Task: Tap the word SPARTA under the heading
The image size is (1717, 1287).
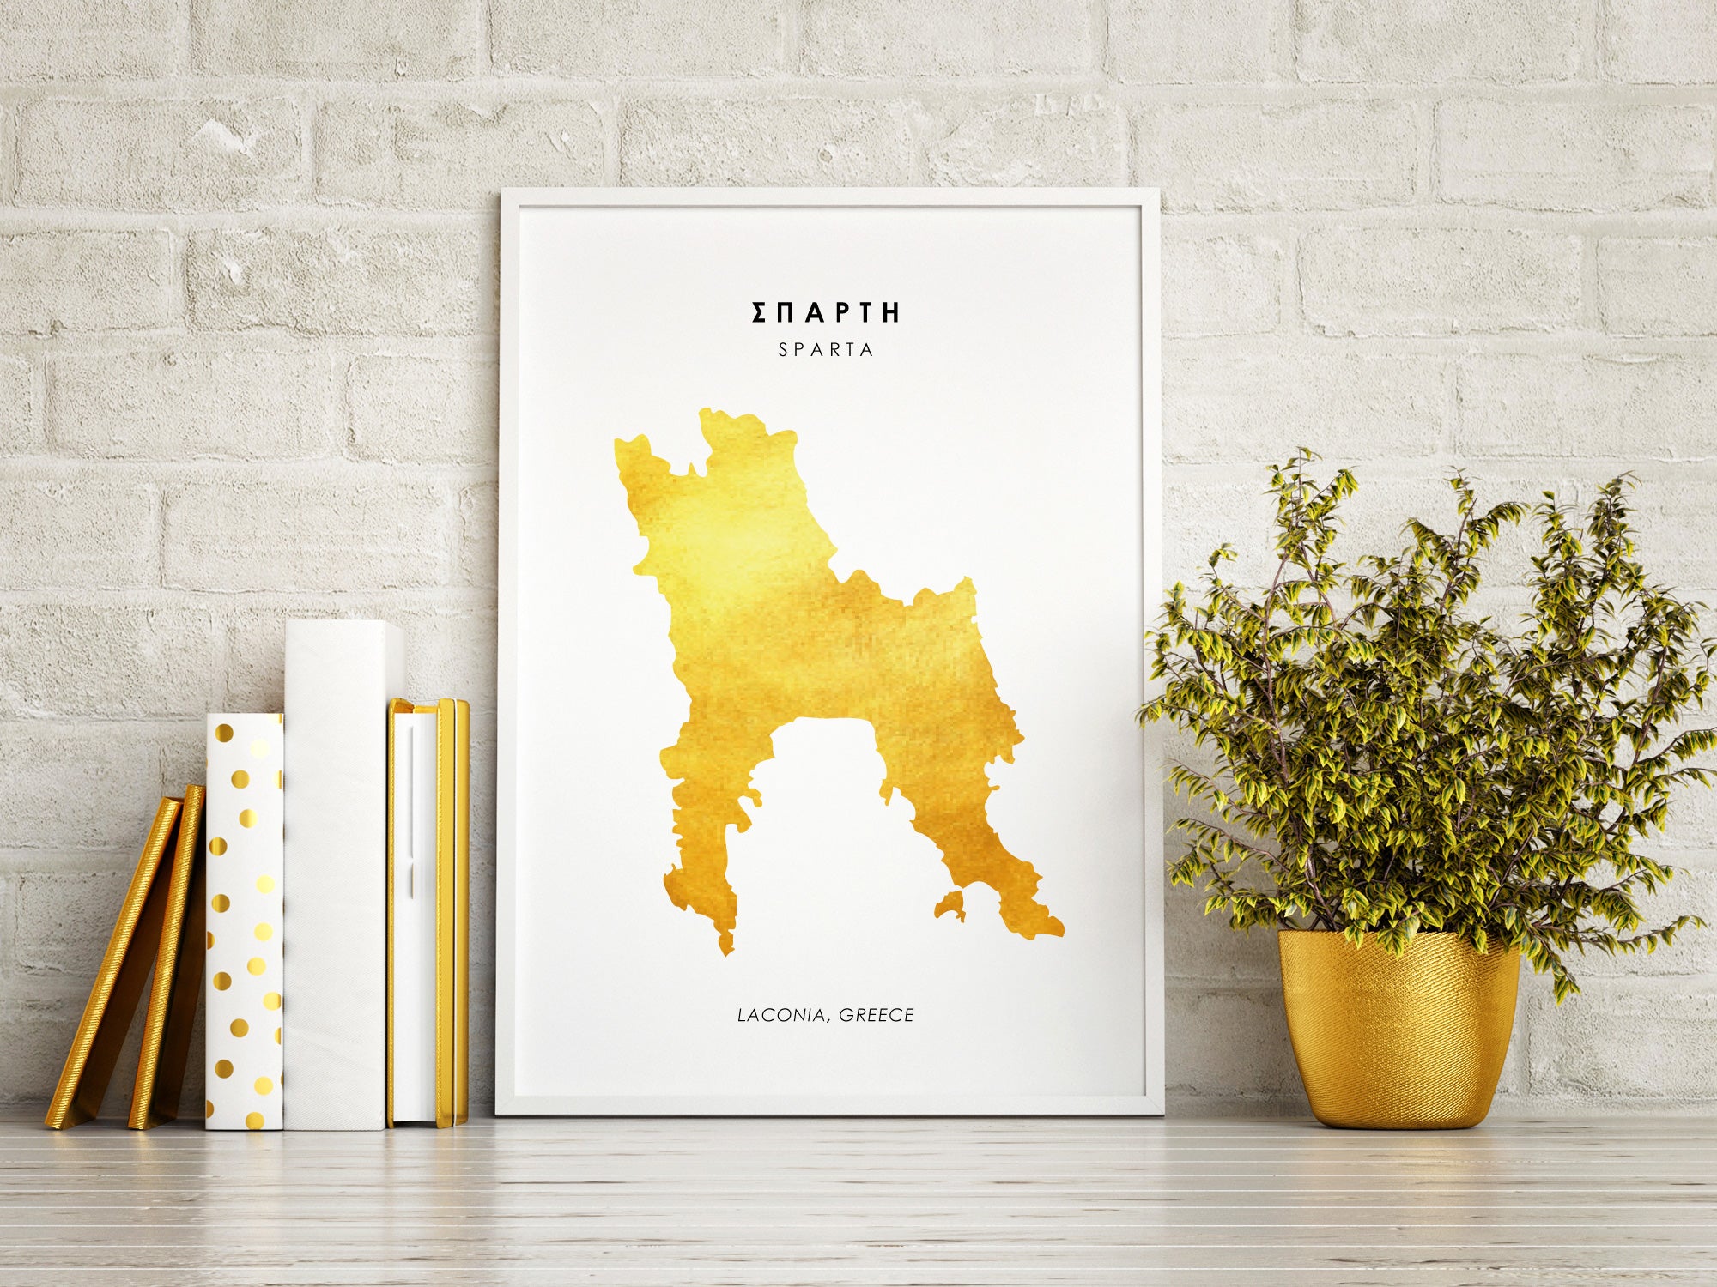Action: point(825,350)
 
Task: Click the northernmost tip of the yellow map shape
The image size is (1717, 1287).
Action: point(708,414)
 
